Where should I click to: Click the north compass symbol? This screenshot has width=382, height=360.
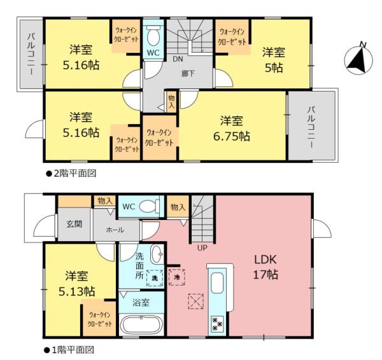(x=358, y=60)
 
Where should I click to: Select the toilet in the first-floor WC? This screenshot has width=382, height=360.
(x=148, y=207)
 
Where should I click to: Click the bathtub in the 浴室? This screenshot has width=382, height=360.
(x=141, y=325)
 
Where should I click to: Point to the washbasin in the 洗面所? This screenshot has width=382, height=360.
(x=157, y=254)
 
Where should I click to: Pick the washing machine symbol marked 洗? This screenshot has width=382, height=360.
(x=155, y=278)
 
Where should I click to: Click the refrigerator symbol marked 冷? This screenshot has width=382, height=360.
(x=176, y=277)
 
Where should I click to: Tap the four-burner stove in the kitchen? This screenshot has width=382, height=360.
(x=217, y=324)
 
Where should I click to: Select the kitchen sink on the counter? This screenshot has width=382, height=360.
(x=217, y=283)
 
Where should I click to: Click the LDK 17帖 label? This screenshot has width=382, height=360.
(x=265, y=267)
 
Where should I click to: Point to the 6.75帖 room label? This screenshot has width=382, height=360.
(x=232, y=136)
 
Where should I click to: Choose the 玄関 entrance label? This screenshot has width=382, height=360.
(x=74, y=224)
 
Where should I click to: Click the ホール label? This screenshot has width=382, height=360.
(x=115, y=230)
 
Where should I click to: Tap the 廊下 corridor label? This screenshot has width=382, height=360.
(x=188, y=74)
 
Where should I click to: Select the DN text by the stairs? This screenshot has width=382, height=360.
(x=178, y=59)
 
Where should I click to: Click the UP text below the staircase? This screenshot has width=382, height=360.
(x=202, y=248)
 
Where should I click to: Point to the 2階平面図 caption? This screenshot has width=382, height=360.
(x=71, y=173)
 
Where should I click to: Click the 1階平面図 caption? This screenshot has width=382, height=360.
(x=69, y=350)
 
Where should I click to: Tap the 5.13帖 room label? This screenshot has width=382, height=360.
(x=77, y=291)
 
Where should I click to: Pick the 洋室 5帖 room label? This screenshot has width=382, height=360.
(x=274, y=60)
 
